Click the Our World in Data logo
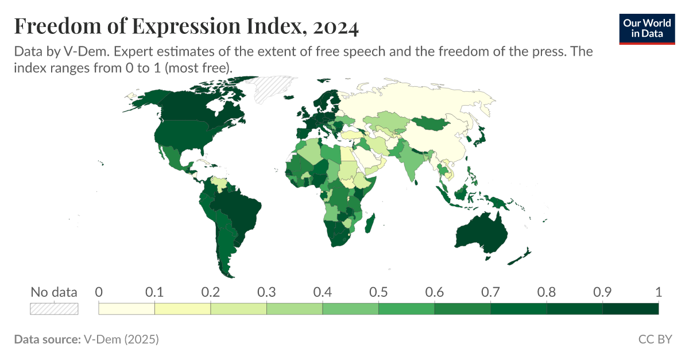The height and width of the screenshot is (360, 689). pos(647,28)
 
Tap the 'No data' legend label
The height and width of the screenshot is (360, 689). pos(53,292)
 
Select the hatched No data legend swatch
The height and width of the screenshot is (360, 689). pos(53,309)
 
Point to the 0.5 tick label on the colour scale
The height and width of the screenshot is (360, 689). pos(378,292)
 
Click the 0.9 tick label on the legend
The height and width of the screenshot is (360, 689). pos(602,292)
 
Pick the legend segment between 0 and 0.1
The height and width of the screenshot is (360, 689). pos(127,309)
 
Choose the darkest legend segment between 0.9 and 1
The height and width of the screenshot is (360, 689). pos(630,309)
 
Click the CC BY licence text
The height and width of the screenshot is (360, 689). pos(655,339)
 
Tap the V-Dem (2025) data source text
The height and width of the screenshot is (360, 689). pos(121,339)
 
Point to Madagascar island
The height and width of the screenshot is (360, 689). pos(370,223)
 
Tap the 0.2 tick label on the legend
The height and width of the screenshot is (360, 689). pos(211,292)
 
